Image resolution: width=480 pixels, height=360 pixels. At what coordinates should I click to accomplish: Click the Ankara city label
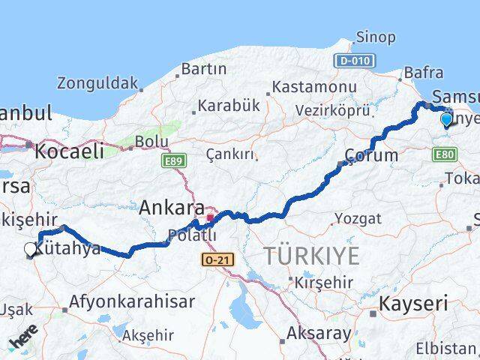172,206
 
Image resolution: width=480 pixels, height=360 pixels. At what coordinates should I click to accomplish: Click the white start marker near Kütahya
31,250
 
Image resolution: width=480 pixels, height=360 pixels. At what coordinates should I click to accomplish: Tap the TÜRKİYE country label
311,256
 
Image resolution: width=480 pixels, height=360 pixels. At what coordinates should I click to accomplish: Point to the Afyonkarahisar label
132,302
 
